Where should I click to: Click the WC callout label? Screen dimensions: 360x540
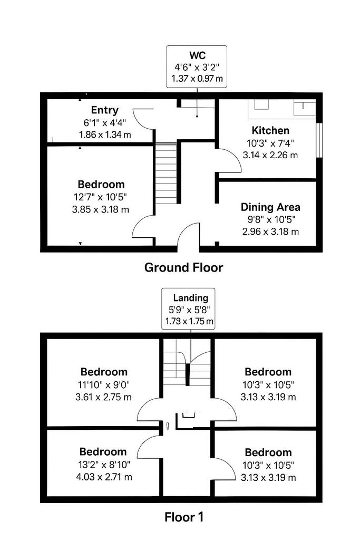197,55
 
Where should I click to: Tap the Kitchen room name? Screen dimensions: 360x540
270,131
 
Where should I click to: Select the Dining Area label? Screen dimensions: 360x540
270,207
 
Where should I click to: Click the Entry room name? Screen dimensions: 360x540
105,110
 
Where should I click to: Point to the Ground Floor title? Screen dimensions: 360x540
183,267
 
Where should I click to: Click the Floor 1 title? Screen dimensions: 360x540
184,517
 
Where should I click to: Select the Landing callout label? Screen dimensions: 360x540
191,298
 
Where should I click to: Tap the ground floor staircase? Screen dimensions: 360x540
166,173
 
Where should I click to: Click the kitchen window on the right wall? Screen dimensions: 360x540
319,140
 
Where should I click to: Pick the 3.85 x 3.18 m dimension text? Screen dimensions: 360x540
101,209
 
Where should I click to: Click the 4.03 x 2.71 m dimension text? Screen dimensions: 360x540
104,477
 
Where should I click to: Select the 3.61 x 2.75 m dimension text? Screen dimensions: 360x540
103,397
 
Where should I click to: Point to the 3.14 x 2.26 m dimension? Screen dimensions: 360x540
270,156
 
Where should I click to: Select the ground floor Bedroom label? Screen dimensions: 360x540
101,184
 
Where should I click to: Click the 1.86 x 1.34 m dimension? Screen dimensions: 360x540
105,134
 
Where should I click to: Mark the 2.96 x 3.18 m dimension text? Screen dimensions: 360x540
270,232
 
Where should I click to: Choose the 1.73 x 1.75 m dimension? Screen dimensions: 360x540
189,322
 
